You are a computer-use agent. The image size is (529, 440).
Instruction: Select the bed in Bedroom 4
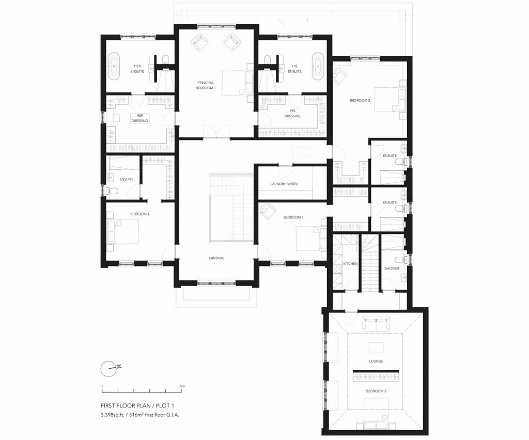tap(123, 231)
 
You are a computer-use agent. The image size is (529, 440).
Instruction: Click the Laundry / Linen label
tap(284, 184)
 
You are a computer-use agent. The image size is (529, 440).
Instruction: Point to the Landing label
tap(217, 258)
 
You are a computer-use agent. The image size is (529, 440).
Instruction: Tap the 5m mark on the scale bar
tap(182, 386)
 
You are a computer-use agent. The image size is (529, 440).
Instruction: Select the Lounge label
tap(376, 361)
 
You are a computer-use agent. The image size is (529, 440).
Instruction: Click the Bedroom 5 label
tap(376, 391)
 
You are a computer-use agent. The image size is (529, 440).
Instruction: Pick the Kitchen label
tap(351, 264)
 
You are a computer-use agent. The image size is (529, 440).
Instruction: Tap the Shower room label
tap(392, 269)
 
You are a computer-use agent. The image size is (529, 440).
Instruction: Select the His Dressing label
tap(292, 113)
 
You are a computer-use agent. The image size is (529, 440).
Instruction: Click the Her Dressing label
tap(139, 118)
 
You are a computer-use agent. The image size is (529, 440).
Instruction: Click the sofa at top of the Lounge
tap(376, 324)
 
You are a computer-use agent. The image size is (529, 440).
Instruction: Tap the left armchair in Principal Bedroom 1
tap(199, 42)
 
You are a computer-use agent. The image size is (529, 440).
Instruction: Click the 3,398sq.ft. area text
tap(116, 415)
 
